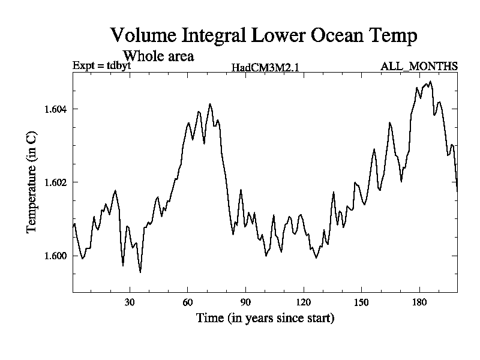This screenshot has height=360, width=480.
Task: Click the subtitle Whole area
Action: click(x=158, y=56)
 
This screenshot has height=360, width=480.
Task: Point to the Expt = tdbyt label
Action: click(x=101, y=65)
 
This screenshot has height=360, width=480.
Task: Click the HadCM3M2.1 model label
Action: click(x=265, y=67)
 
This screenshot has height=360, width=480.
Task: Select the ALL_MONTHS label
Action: click(x=419, y=65)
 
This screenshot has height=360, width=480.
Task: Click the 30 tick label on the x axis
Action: click(x=130, y=303)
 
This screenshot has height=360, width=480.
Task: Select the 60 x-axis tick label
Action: click(x=187, y=303)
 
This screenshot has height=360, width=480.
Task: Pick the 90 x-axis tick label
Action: click(x=245, y=303)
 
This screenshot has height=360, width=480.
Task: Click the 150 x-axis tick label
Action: click(x=361, y=303)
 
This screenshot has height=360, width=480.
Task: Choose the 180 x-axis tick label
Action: click(x=419, y=303)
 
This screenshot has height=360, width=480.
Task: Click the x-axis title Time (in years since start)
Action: click(x=265, y=318)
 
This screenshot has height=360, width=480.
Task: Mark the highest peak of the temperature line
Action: click(x=430, y=81)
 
